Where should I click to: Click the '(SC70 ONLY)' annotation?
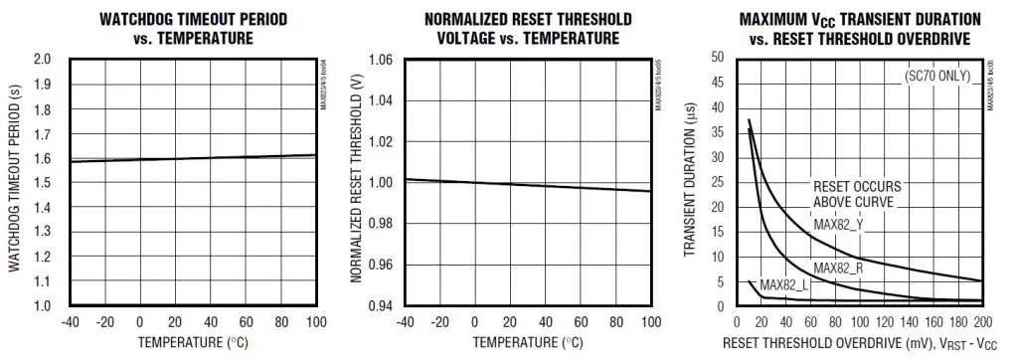(936, 76)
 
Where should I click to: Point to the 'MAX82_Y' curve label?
(841, 225)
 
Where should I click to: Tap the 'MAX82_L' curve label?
(784, 285)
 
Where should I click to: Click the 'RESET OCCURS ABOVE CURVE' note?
(856, 194)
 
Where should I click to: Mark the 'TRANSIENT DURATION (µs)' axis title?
(691, 184)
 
